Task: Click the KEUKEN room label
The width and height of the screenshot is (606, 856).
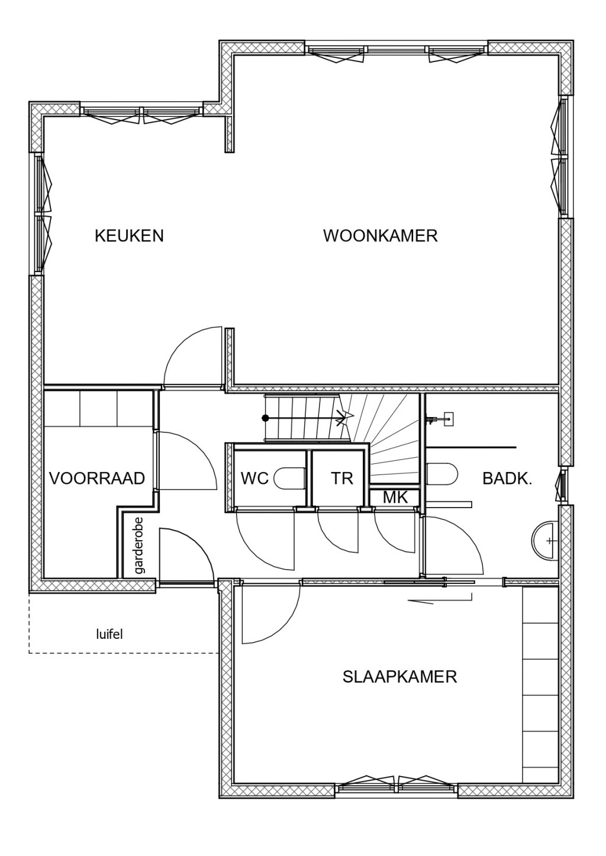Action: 129,235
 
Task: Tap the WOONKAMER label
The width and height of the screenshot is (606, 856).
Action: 380,235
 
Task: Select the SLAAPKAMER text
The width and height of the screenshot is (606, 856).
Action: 399,676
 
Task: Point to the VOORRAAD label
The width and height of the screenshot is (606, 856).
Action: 96,478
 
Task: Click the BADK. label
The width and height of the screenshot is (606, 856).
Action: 507,478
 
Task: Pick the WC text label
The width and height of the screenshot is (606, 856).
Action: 254,478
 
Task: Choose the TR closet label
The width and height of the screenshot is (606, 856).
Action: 341,478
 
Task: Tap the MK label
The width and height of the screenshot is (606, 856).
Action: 395,498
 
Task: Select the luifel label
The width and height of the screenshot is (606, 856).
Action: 109,635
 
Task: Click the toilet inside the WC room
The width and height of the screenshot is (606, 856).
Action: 290,478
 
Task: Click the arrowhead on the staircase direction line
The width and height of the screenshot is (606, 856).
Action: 341,418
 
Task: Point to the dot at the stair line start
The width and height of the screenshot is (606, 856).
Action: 266,418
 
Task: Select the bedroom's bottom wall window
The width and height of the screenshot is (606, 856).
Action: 397,785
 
